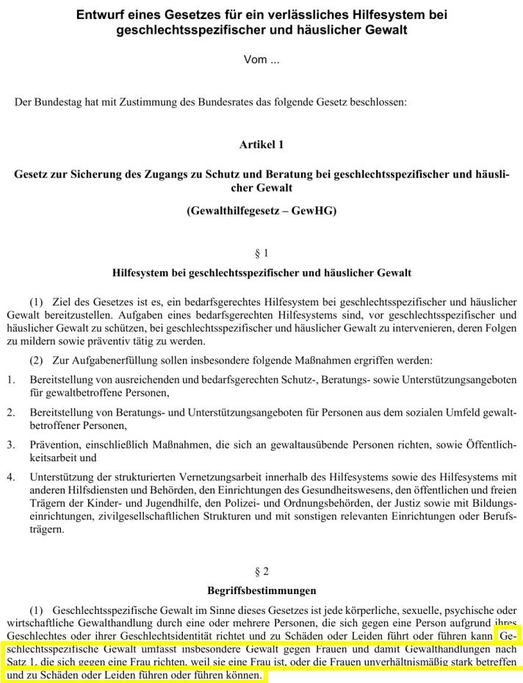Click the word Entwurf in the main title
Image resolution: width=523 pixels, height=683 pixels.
click(x=99, y=15)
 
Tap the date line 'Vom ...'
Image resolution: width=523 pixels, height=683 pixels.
click(x=261, y=60)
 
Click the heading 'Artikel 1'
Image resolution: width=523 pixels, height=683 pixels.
click(x=261, y=145)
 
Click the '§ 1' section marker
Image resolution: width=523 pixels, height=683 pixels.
click(x=261, y=253)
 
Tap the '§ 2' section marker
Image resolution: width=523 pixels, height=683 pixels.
click(x=261, y=571)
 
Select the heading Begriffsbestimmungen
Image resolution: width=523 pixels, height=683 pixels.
click(x=261, y=590)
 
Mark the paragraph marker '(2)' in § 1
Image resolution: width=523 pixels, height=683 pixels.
click(x=37, y=361)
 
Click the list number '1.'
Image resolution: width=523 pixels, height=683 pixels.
click(x=11, y=380)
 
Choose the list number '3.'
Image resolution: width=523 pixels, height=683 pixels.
click(x=11, y=445)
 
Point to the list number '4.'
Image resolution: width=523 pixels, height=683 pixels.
click(x=11, y=477)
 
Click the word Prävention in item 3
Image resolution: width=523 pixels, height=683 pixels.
click(x=54, y=445)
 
